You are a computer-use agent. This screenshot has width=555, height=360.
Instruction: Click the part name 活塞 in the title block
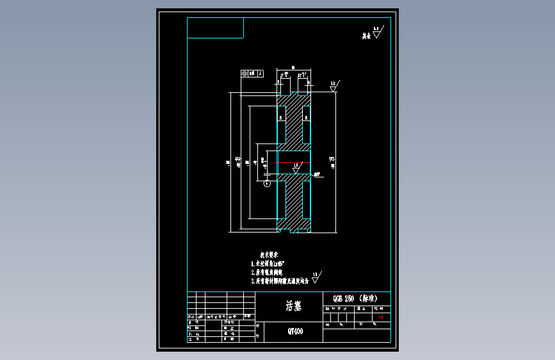tap(293, 306)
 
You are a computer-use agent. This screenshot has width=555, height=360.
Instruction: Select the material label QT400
tap(295, 332)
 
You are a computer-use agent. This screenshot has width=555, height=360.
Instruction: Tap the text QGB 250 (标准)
tap(355, 299)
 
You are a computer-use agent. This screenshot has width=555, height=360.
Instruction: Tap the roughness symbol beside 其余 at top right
tap(376, 33)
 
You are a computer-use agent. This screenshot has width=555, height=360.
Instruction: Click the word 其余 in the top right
tap(366, 37)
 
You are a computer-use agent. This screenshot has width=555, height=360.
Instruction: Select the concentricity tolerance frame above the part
tap(252, 73)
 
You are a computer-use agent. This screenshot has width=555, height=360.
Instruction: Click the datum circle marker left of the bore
tap(267, 183)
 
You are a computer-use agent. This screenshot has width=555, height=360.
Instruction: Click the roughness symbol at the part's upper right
tap(334, 86)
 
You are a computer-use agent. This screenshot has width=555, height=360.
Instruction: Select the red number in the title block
tap(382, 316)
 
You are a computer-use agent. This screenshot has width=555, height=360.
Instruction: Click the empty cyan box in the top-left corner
tap(216, 28)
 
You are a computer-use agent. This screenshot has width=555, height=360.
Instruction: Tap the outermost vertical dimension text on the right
tap(334, 162)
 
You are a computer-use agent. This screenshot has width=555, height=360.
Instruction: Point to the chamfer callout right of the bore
tap(318, 174)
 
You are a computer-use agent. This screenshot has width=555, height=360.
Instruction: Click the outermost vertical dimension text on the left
tap(229, 162)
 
